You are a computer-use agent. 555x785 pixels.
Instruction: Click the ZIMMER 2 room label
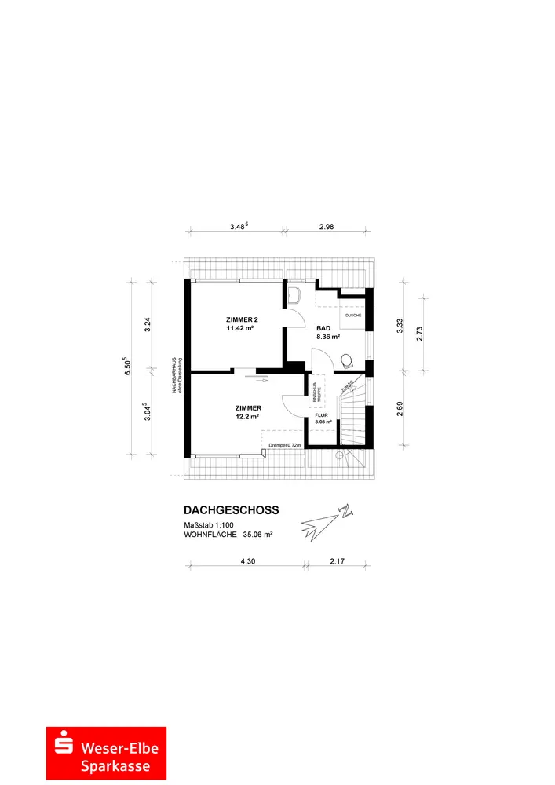click(x=241, y=319)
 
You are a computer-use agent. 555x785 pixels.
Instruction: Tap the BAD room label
click(x=323, y=328)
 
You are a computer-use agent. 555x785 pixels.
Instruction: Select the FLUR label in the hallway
click(x=323, y=417)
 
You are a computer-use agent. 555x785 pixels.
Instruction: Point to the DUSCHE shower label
click(x=352, y=315)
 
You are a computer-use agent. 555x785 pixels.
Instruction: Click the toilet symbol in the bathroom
click(x=347, y=360)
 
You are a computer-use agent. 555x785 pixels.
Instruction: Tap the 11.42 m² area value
click(x=240, y=329)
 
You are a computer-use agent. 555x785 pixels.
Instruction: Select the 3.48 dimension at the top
click(x=238, y=226)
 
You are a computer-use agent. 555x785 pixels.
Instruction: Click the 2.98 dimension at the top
click(x=327, y=226)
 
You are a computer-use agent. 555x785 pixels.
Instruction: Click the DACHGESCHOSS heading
click(x=231, y=509)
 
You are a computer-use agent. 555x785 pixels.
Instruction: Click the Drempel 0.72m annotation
click(x=285, y=445)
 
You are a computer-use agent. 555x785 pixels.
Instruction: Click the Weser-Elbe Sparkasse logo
click(x=106, y=753)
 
